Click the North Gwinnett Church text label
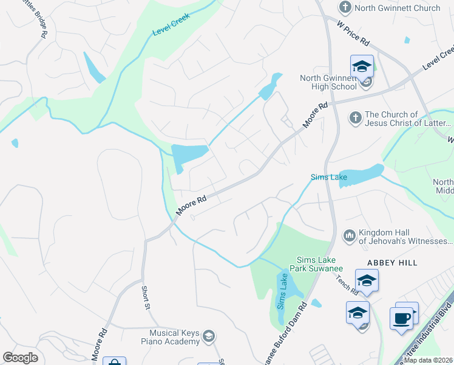click(x=398, y=8)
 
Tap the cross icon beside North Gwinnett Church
click(x=345, y=8)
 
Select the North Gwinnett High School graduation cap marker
click(x=362, y=66)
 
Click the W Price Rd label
click(x=353, y=33)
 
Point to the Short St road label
click(x=146, y=297)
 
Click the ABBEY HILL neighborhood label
click(x=391, y=262)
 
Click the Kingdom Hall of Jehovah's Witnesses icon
click(x=349, y=235)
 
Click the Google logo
click(x=21, y=358)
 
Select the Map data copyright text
click(x=429, y=360)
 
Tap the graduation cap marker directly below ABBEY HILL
click(x=367, y=282)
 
